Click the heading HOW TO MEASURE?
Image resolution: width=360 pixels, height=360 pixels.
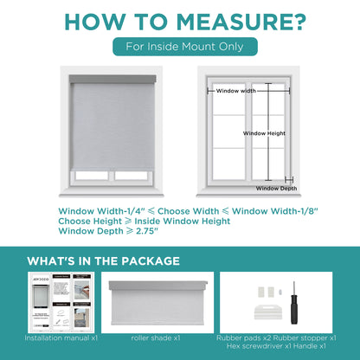tap(180, 21)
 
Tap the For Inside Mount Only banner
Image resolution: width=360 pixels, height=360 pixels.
tap(180, 48)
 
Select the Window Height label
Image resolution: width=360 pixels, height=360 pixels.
tap(265, 133)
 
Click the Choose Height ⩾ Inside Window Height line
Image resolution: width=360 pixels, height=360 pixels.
tap(145, 221)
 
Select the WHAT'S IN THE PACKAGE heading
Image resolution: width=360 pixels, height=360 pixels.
tap(104, 260)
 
